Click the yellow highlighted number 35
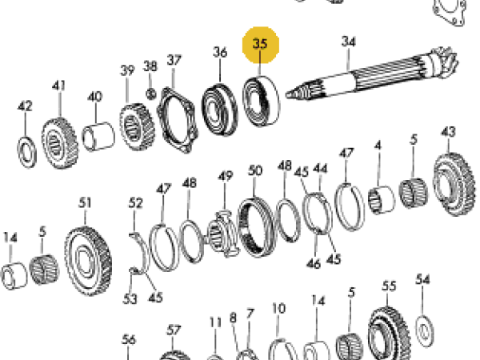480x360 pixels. pyautogui.click(x=261, y=45)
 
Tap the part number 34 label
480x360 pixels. pyautogui.click(x=348, y=42)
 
